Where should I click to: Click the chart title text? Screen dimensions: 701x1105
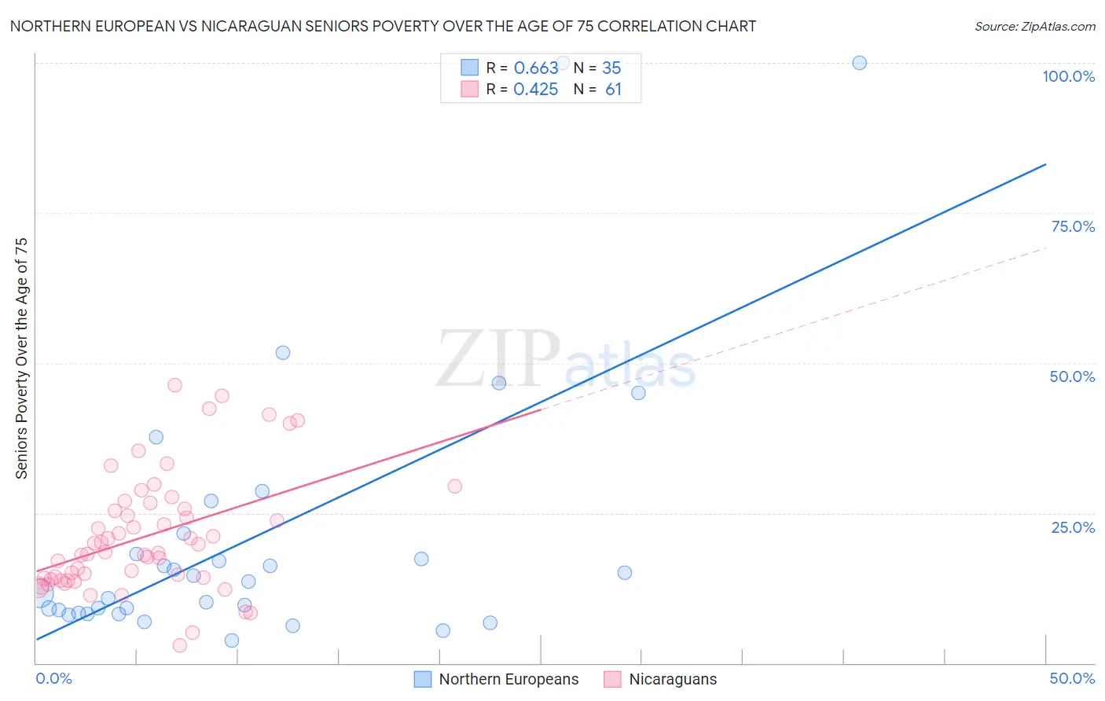383,26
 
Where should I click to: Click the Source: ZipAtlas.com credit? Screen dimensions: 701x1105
1034,27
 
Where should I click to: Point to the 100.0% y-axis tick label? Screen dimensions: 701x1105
1068,76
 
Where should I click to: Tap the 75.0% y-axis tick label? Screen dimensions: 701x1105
1073,226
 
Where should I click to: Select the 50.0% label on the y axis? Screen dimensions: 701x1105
1072,376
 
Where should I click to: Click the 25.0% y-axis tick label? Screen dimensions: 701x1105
1073,527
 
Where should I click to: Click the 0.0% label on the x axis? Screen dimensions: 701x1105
53,678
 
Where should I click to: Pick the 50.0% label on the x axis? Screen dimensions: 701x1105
1072,678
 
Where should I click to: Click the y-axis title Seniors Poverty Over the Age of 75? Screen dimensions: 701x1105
21,358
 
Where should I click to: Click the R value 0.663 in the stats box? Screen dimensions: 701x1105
536,68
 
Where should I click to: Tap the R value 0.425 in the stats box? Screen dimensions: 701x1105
536,90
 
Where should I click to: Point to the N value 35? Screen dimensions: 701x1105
611,68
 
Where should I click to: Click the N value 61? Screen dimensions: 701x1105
613,90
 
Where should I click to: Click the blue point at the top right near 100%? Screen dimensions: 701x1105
859,63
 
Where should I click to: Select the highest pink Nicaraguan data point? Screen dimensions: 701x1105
174,385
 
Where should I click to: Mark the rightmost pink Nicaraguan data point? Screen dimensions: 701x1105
454,486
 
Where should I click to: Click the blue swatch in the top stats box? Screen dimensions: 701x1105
469,68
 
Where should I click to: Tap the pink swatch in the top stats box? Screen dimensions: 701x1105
469,89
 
